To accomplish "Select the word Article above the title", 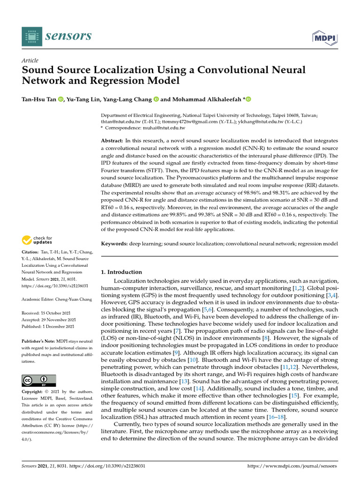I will [30, 60].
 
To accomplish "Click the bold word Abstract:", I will [112, 141].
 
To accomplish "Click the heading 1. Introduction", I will [121, 272].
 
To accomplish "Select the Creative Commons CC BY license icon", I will [39, 380].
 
